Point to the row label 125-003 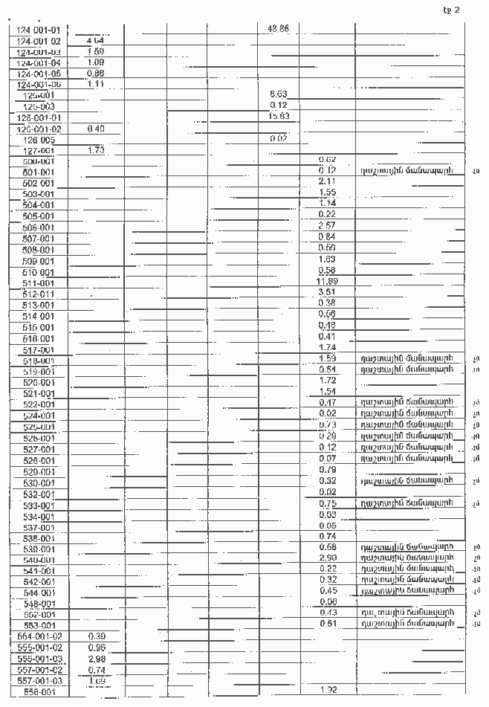pos(39,106)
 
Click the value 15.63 pos(279,116)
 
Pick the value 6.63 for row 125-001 pos(279,94)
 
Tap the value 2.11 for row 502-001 pos(326,181)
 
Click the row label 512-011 pos(39,294)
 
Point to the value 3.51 pos(327,292)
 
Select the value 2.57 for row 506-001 pos(326,225)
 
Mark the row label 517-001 pos(39,350)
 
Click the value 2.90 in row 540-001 pos(327,558)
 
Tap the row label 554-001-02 pos(41,637)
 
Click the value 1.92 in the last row pos(328,691)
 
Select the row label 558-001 pos(39,693)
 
